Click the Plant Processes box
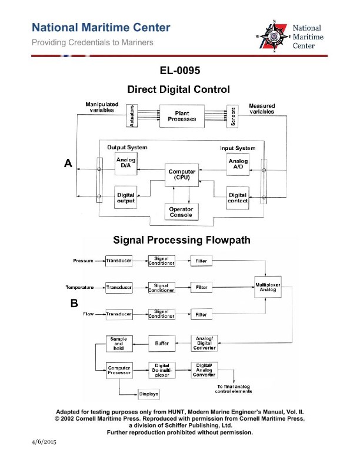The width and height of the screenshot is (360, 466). point(181,116)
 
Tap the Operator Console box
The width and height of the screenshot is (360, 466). point(181,211)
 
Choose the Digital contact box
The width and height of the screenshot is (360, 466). point(238,198)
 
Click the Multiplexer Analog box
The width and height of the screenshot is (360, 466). point(268,287)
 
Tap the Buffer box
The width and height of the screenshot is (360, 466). point(162,342)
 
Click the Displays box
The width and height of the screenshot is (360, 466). point(147,394)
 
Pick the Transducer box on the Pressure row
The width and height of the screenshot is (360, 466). point(119,260)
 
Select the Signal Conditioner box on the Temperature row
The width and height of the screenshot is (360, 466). point(161,287)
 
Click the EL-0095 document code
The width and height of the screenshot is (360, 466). point(179,71)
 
